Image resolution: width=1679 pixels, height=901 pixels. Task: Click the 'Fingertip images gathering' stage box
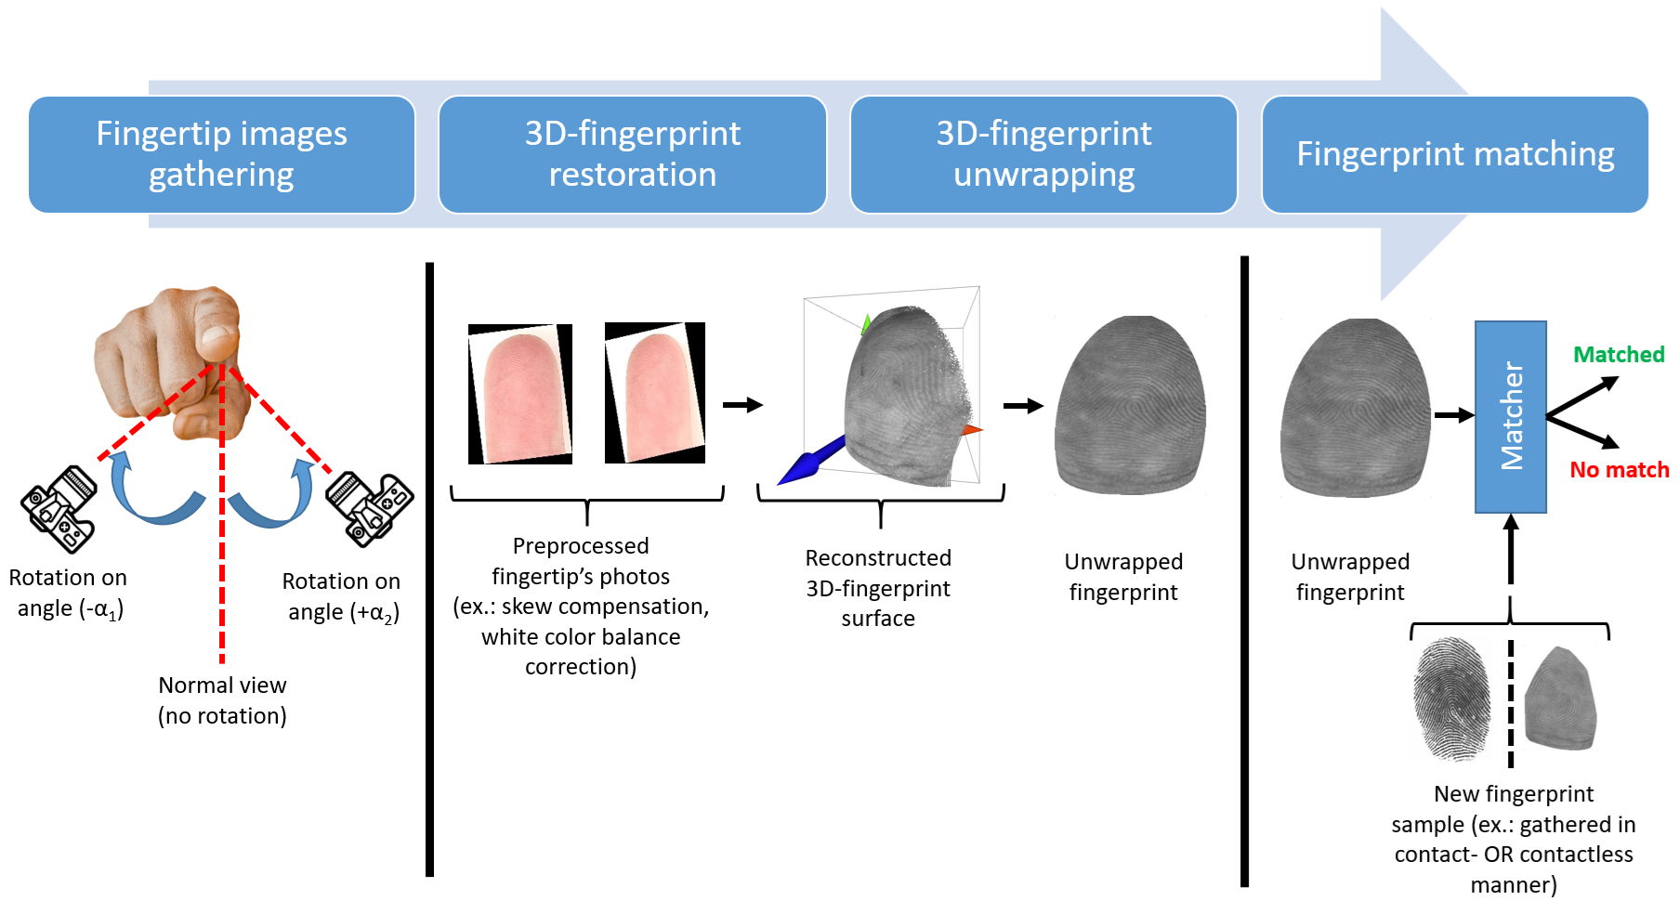click(221, 154)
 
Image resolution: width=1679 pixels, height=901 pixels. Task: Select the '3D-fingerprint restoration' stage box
click(632, 154)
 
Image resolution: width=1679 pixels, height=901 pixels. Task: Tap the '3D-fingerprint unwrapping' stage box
click(1043, 154)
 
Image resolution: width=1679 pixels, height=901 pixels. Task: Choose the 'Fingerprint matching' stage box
click(1454, 154)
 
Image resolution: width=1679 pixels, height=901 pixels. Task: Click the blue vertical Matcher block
click(1510, 416)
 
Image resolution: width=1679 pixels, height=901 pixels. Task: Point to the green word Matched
click(1618, 355)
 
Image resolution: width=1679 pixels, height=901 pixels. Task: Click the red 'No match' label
click(1619, 470)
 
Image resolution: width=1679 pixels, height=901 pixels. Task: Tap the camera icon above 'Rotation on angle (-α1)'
click(59, 509)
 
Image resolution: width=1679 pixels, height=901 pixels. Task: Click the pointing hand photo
click(172, 358)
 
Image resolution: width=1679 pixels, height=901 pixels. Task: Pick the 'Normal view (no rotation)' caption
click(222, 700)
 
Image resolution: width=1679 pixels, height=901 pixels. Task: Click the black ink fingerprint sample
click(1450, 699)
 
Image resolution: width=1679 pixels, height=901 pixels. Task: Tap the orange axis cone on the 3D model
click(971, 430)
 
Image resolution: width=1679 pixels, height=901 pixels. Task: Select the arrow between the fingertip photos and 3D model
click(742, 405)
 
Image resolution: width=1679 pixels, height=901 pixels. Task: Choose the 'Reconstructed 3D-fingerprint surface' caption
click(878, 588)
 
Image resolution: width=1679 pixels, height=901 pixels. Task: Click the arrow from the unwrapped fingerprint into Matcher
click(1453, 415)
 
